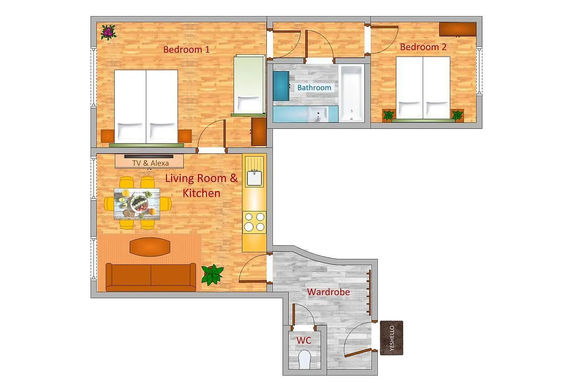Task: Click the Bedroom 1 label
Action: pyautogui.click(x=186, y=49)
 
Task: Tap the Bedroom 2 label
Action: pyautogui.click(x=423, y=47)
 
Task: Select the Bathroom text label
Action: pyautogui.click(x=314, y=88)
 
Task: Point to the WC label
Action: pyautogui.click(x=304, y=340)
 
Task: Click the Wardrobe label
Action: pyautogui.click(x=328, y=292)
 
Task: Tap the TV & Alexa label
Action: pyautogui.click(x=150, y=163)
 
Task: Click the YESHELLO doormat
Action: pyautogui.click(x=391, y=338)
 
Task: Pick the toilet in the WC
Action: pyautogui.click(x=305, y=360)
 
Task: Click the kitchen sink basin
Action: pyautogui.click(x=254, y=178)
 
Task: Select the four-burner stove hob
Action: pyautogui.click(x=254, y=222)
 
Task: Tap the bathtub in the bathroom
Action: pyautogui.click(x=351, y=93)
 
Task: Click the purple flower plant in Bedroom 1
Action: pyautogui.click(x=108, y=32)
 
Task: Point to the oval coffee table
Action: pyautogui.click(x=150, y=247)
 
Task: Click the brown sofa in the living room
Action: pyautogui.click(x=151, y=278)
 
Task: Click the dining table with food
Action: pyautogui.click(x=137, y=204)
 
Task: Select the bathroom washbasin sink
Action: pyautogui.click(x=318, y=114)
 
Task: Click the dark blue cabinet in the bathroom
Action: pyautogui.click(x=281, y=86)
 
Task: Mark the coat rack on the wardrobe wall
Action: pyautogui.click(x=369, y=292)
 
